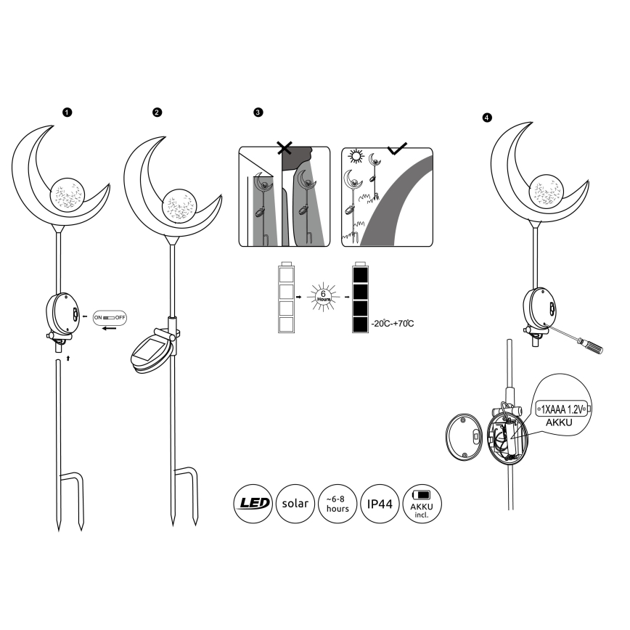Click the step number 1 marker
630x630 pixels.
pyautogui.click(x=67, y=112)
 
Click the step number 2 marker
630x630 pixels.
pyautogui.click(x=157, y=112)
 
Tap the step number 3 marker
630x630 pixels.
pyautogui.click(x=258, y=113)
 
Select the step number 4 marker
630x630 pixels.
pyautogui.click(x=486, y=117)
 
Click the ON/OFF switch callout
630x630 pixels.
pyautogui.click(x=110, y=318)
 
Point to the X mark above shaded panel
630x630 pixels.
pyautogui.click(x=286, y=150)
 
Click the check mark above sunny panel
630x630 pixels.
pyautogui.click(x=398, y=149)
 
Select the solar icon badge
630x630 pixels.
pyautogui.click(x=295, y=502)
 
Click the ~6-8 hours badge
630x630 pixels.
pyautogui.click(x=337, y=502)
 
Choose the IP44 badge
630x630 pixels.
pyautogui.click(x=380, y=502)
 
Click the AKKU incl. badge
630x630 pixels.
pyautogui.click(x=422, y=502)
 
